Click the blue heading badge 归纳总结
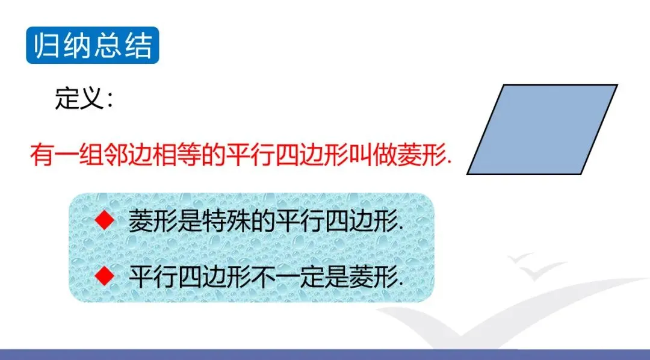point(93,45)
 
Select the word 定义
point(78,99)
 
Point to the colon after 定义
point(110,100)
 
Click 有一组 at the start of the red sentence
point(66,155)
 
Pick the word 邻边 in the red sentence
point(127,155)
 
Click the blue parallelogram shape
point(542,129)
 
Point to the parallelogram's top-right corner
point(617,85)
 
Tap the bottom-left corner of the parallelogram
point(468,174)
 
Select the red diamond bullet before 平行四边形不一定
point(105,275)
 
